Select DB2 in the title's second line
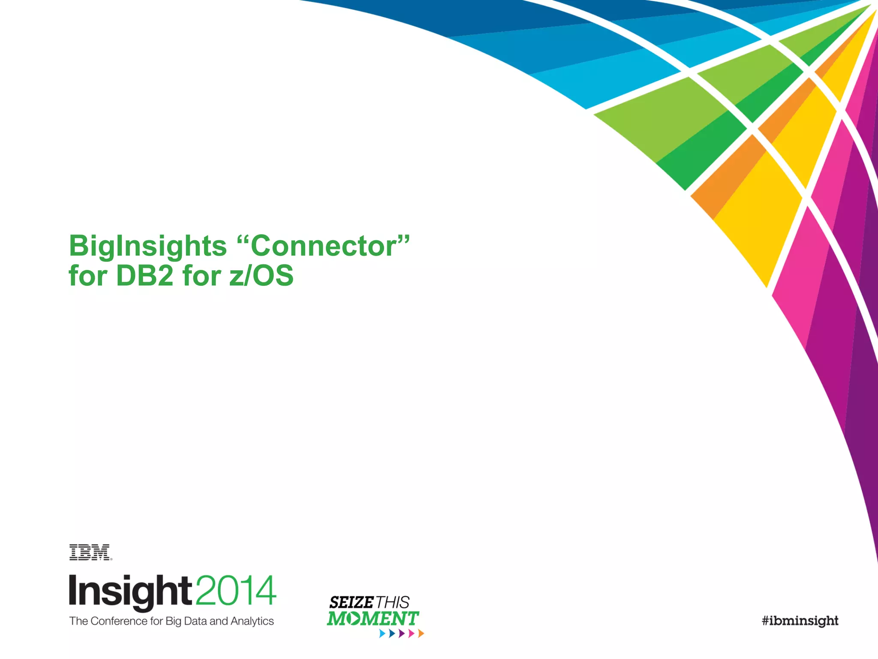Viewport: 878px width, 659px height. pyautogui.click(x=144, y=275)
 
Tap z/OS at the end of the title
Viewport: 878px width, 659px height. pyautogui.click(x=261, y=275)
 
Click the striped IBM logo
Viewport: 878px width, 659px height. pyautogui.click(x=90, y=552)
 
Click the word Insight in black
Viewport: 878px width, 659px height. pyautogui.click(x=130, y=591)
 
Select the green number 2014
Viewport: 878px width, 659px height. pyautogui.click(x=236, y=591)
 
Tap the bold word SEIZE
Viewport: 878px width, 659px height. pyautogui.click(x=351, y=602)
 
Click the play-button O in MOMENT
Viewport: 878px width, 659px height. pyautogui.click(x=354, y=619)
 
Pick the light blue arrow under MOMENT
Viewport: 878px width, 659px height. pyautogui.click(x=382, y=633)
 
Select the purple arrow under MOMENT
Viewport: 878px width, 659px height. pyautogui.click(x=402, y=633)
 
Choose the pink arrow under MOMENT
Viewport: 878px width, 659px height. pyautogui.click(x=412, y=633)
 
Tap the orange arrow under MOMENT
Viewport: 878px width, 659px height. pyautogui.click(x=421, y=633)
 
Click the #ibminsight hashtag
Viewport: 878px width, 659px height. pyautogui.click(x=800, y=621)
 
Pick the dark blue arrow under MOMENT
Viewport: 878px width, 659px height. pyautogui.click(x=392, y=633)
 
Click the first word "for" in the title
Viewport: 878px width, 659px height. pyautogui.click(x=87, y=275)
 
